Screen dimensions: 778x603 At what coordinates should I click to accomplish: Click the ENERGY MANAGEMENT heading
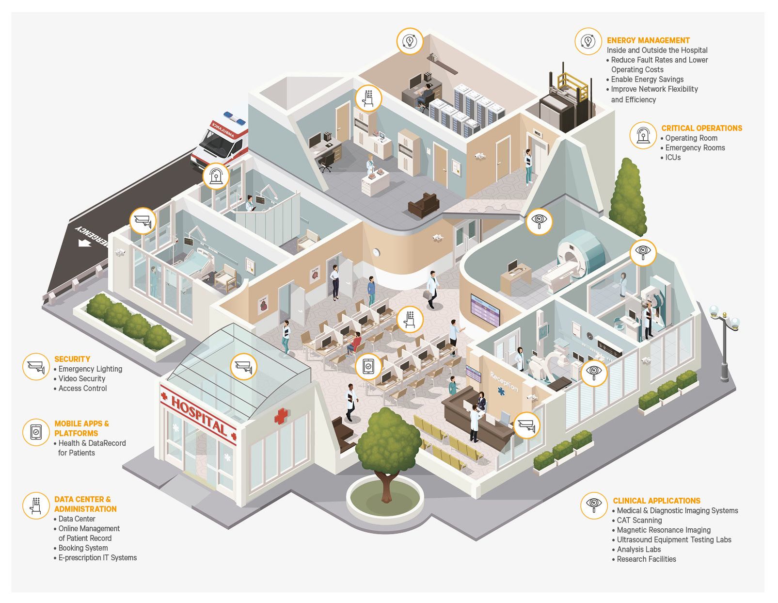pos(648,40)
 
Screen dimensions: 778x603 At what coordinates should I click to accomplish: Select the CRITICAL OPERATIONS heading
pos(701,128)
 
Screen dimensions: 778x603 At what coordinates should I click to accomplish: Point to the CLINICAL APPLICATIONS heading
pos(656,501)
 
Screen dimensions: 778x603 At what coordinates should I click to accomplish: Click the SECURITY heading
pos(72,359)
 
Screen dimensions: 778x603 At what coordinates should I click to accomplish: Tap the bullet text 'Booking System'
pos(83,548)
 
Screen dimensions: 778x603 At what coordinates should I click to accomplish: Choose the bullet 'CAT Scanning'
pos(639,520)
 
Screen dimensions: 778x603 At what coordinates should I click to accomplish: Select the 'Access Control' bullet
pos(82,389)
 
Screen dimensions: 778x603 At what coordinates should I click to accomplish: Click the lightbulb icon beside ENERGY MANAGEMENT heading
pos(588,41)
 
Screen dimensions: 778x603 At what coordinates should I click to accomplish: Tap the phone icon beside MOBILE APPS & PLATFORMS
pos(36,432)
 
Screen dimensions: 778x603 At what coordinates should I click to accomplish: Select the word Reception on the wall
pos(504,381)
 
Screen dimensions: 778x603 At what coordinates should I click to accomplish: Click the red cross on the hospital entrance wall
pos(282,416)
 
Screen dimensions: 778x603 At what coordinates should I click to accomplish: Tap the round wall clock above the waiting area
pos(376,252)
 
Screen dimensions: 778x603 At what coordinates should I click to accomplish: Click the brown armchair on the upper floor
pos(424,205)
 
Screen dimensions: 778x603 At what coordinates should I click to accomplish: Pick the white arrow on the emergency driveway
pos(85,243)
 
